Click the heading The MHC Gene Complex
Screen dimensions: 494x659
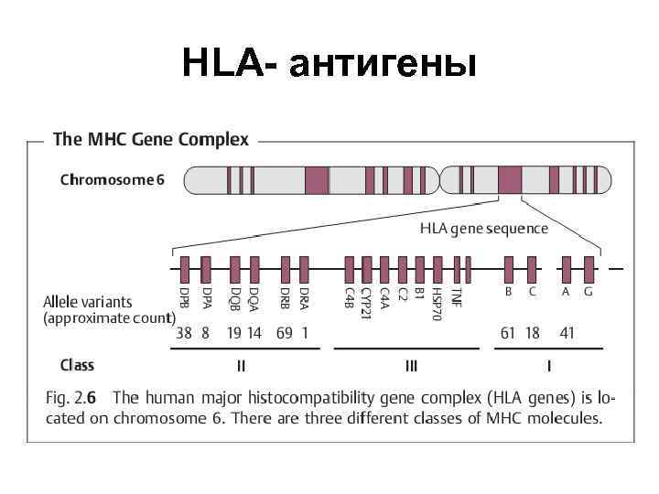[x=151, y=140]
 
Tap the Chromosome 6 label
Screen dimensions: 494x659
[x=112, y=179]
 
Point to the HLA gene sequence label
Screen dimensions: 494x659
[x=483, y=229]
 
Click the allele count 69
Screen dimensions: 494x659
[x=284, y=333]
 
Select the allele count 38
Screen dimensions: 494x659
[x=184, y=333]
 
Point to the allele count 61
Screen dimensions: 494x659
[x=508, y=333]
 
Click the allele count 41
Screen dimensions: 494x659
[x=567, y=333]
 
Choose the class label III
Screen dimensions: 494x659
[x=411, y=366]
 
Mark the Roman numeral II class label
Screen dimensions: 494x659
[x=241, y=366]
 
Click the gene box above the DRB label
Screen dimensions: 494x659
[x=286, y=269]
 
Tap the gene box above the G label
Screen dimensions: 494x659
[x=589, y=269]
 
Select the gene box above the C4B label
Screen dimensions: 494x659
[x=349, y=269]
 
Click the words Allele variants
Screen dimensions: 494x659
[x=88, y=301]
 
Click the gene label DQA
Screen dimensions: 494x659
[x=254, y=299]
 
